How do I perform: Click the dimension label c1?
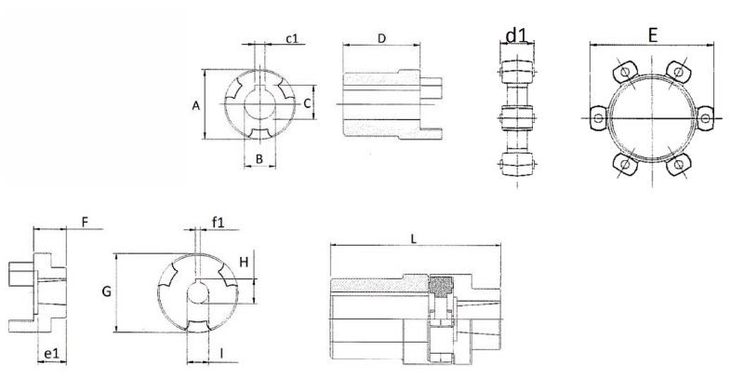click(291, 38)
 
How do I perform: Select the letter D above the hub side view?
click(381, 37)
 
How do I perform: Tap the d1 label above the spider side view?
click(516, 36)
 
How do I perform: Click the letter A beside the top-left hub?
click(196, 106)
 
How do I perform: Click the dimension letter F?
click(85, 223)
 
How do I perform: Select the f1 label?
click(219, 223)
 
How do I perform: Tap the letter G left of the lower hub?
click(106, 292)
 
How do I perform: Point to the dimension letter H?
click(243, 262)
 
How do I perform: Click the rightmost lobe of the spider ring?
click(706, 118)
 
